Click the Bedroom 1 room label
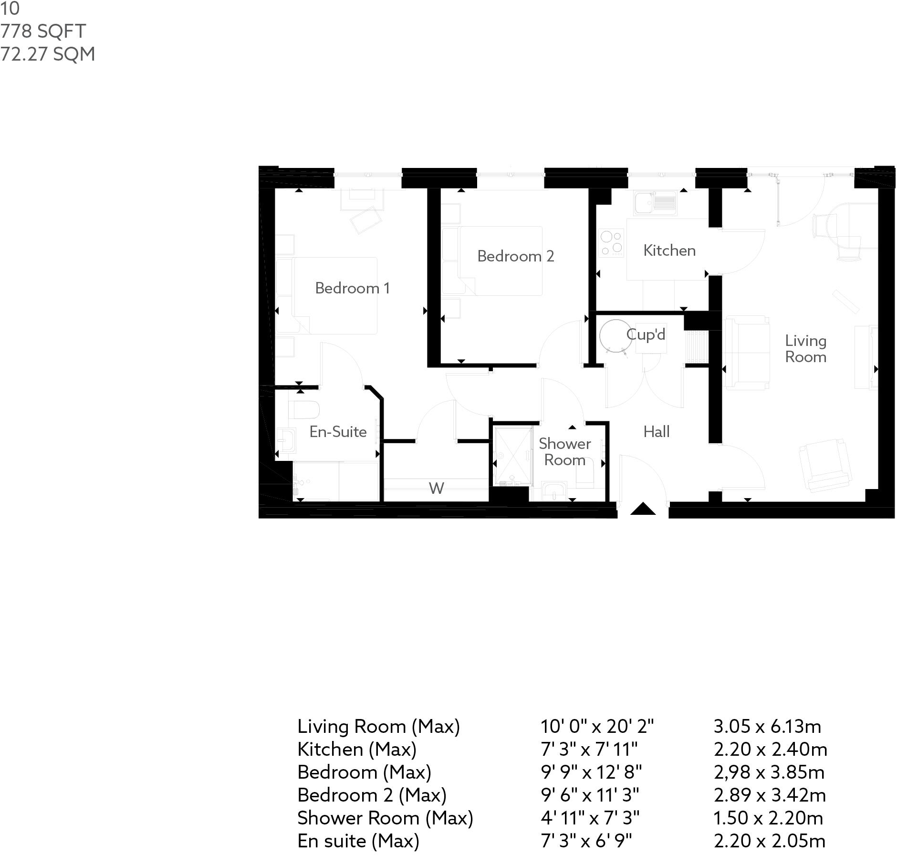(x=352, y=288)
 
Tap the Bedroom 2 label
(x=515, y=256)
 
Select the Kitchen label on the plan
(x=669, y=250)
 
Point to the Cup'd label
(x=646, y=334)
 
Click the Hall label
(x=656, y=432)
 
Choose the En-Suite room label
(x=338, y=432)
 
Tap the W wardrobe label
(x=436, y=488)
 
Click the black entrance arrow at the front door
(x=643, y=509)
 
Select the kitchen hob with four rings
(x=611, y=243)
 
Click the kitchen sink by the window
(x=655, y=203)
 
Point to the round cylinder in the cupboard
(x=616, y=335)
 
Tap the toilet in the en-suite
(x=304, y=409)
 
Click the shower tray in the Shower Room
(x=513, y=456)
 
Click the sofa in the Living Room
(x=747, y=353)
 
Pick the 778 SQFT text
(x=43, y=31)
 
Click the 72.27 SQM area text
(x=48, y=54)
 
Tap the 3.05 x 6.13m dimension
(x=767, y=727)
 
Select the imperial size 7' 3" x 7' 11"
(x=589, y=750)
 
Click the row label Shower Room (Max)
(x=385, y=818)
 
